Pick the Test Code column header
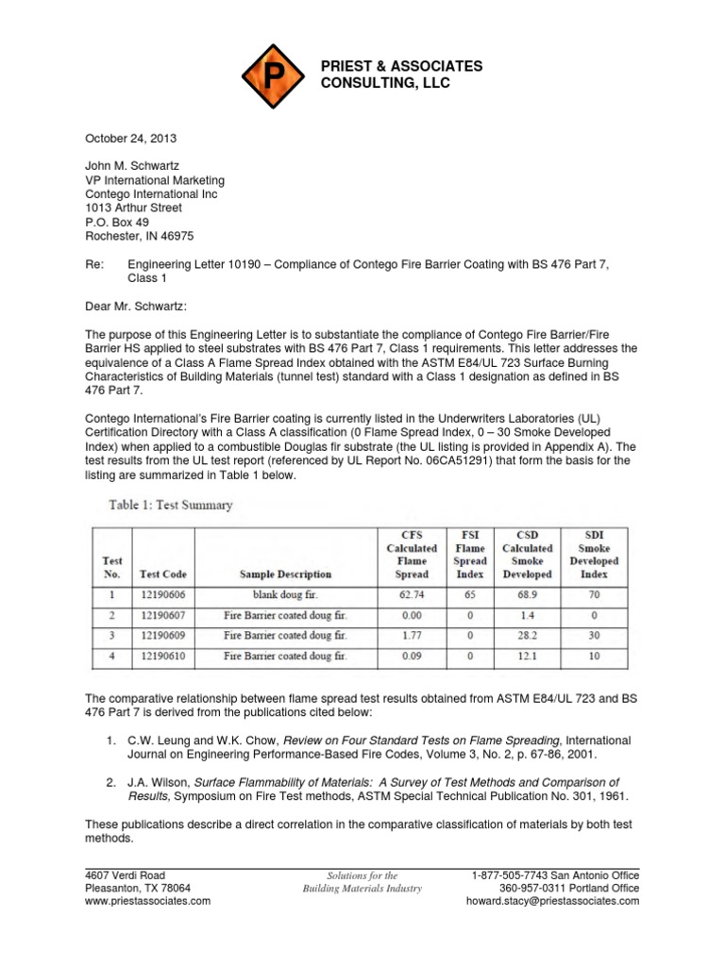pyautogui.click(x=162, y=574)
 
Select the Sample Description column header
pyautogui.click(x=285, y=574)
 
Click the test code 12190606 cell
pyautogui.click(x=162, y=595)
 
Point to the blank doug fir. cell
pyautogui.click(x=285, y=595)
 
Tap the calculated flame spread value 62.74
pyautogui.click(x=411, y=595)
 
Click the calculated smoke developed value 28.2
pyautogui.click(x=527, y=635)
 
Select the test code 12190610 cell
pyautogui.click(x=162, y=655)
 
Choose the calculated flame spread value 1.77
pyautogui.click(x=411, y=635)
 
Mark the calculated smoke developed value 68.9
pyautogui.click(x=527, y=595)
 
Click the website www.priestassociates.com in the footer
pyautogui.click(x=148, y=901)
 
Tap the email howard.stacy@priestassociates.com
pyautogui.click(x=552, y=901)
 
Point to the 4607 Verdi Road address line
pyautogui.click(x=126, y=874)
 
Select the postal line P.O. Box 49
pyautogui.click(x=117, y=222)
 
